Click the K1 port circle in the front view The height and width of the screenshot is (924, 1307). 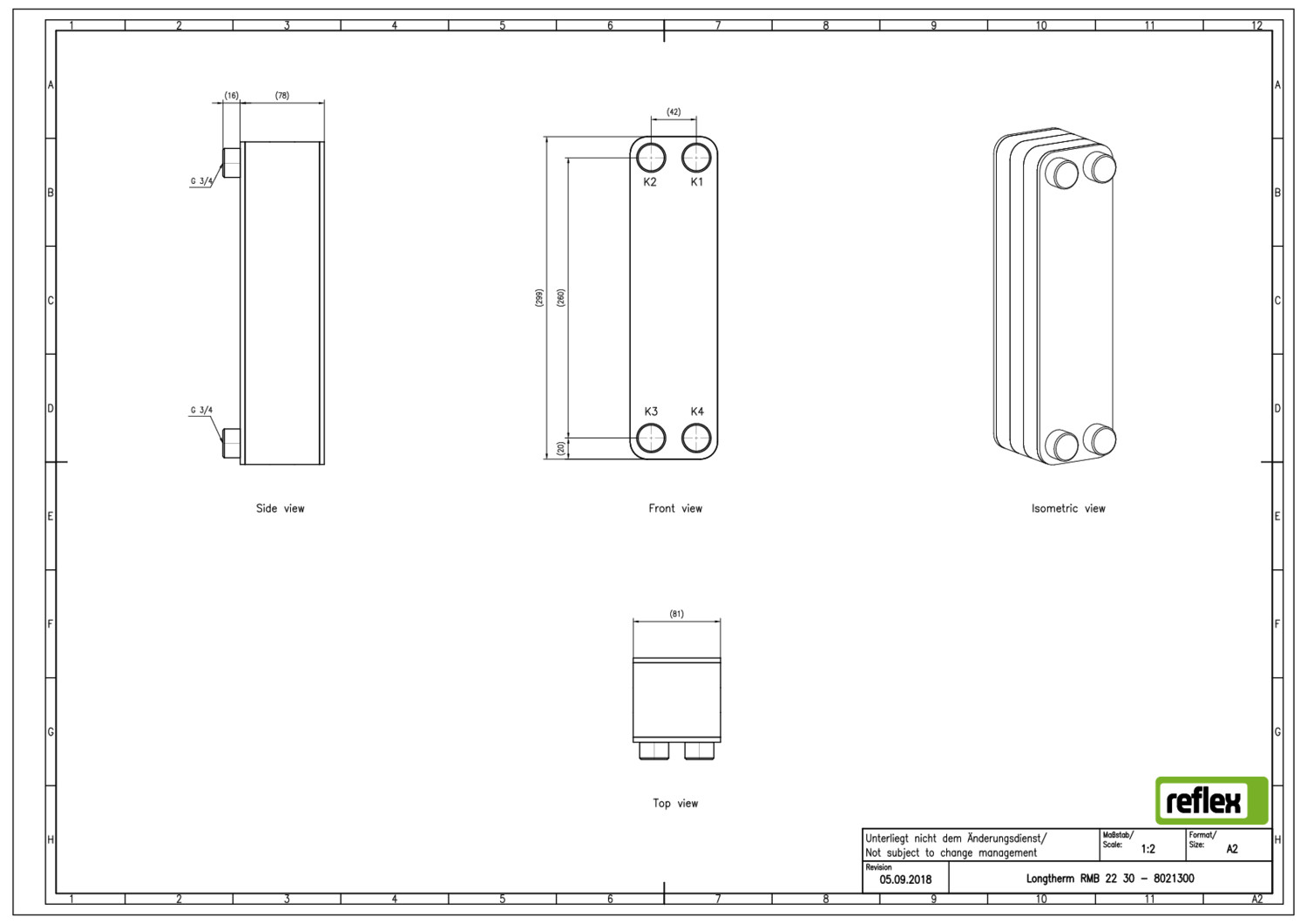(697, 145)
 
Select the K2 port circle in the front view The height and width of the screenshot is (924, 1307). (651, 145)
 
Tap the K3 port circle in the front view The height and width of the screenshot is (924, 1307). (651, 425)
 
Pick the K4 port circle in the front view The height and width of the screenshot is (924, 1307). (697, 425)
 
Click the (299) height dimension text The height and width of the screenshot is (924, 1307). (539, 298)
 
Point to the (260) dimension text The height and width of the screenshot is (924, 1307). (561, 298)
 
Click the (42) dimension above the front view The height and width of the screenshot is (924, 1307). (674, 112)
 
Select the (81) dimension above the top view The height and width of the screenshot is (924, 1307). (677, 614)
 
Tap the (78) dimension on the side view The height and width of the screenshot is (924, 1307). (281, 95)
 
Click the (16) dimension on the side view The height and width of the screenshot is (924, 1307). (232, 95)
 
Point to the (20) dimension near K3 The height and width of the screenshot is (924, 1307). (561, 448)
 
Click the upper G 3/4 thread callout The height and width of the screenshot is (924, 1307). (201, 181)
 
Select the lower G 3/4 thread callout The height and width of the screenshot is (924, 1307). (201, 410)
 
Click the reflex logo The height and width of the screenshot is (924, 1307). (1212, 800)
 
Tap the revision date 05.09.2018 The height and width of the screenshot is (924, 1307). (905, 880)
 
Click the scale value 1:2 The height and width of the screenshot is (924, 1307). (1148, 849)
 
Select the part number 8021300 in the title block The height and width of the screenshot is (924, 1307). (1174, 879)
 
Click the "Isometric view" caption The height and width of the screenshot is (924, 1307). (1067, 508)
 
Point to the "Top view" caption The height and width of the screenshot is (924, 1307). (675, 803)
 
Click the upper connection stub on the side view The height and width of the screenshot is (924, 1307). (231, 163)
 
